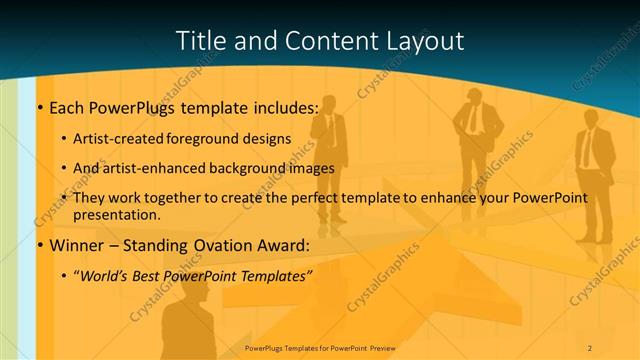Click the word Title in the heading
click(200, 41)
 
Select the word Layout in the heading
click(424, 41)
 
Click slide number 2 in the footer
click(590, 348)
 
